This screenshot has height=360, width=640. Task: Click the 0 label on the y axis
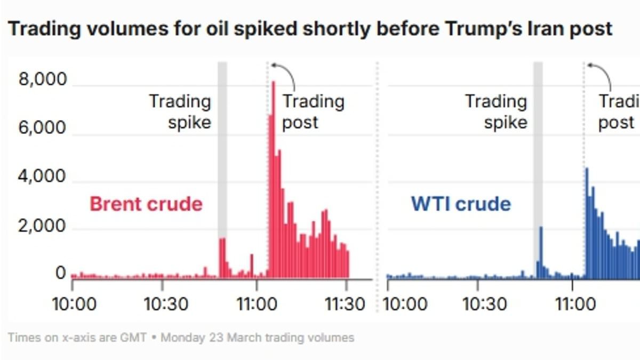coord(61,274)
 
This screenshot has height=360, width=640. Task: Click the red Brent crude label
coord(146,204)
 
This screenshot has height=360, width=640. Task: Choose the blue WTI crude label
coord(461,204)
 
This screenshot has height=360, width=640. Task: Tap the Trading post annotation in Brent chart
coord(313,111)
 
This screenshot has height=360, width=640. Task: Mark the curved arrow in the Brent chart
coord(285,73)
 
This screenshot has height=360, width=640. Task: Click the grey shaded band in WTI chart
coord(538,160)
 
